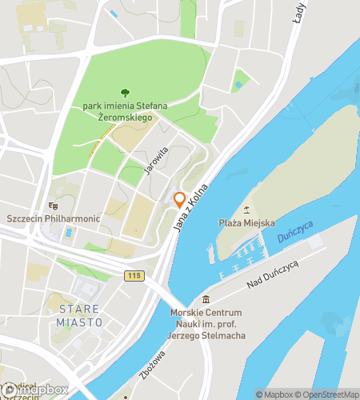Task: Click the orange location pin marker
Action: click(180, 199)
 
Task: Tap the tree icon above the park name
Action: click(124, 93)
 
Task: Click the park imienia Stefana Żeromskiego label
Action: click(123, 110)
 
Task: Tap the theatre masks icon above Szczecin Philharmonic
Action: click(54, 206)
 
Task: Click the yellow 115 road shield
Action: click(134, 275)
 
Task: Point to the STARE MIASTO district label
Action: click(80, 314)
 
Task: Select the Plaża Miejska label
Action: click(247, 222)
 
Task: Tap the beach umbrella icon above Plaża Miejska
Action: click(247, 210)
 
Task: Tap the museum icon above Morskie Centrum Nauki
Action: click(206, 298)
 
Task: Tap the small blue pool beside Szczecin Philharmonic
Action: click(68, 233)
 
